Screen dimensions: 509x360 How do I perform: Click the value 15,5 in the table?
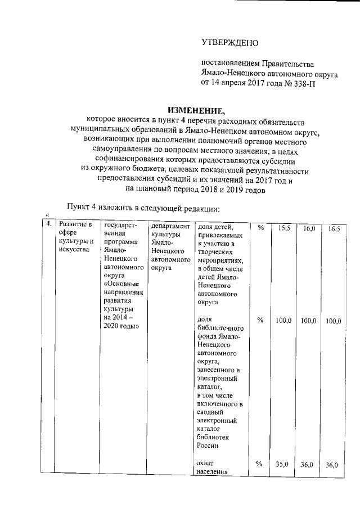[x=282, y=228]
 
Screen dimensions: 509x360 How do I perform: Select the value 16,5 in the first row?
[x=334, y=228]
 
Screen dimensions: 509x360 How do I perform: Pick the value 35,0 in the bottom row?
[x=282, y=465]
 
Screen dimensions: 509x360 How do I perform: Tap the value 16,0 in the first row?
[x=309, y=228]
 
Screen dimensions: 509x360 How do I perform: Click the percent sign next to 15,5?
[x=260, y=228]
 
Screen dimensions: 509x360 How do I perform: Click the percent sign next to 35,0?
[x=259, y=464]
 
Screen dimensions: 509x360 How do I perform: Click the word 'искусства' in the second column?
[x=74, y=250]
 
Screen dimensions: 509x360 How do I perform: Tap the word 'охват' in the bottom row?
[x=206, y=463]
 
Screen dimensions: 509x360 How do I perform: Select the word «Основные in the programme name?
[x=120, y=284]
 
